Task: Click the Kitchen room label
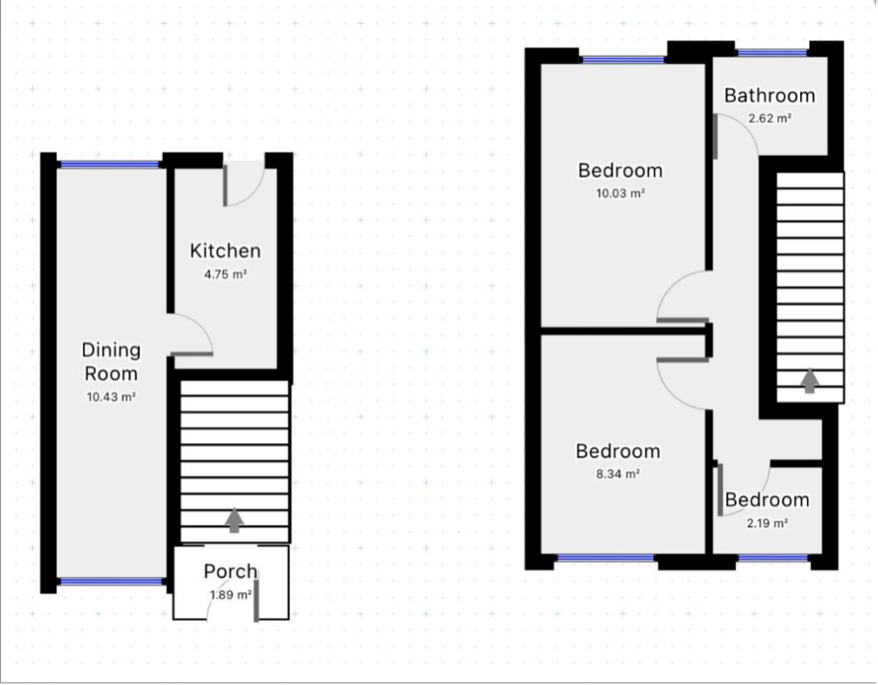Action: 225,251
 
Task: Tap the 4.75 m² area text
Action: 225,275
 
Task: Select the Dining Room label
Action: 111,361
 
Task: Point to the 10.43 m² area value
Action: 111,397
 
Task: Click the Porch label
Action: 230,571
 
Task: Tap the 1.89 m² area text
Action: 230,594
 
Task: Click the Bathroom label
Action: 769,95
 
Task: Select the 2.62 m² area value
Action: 769,118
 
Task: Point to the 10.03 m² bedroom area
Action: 620,193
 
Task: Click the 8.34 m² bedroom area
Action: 617,473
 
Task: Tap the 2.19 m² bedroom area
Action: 767,523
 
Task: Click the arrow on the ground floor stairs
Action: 234,520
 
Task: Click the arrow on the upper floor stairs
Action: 809,380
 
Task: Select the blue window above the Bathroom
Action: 772,53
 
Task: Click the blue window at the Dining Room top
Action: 110,164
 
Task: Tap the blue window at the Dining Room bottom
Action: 111,582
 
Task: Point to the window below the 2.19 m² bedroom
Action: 772,559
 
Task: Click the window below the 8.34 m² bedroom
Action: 605,559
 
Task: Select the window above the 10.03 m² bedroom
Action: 623,59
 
